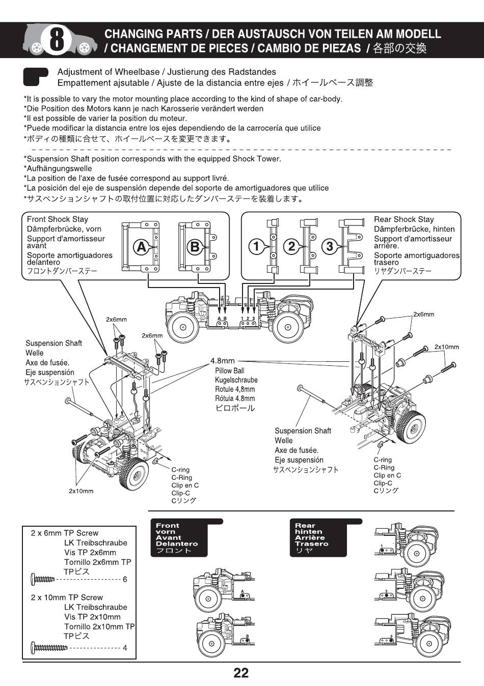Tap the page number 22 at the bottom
[241, 673]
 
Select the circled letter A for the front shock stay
[141, 247]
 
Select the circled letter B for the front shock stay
[195, 247]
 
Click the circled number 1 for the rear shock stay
[257, 247]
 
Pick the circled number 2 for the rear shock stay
[291, 247]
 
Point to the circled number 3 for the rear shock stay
[330, 247]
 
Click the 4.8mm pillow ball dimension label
[223, 361]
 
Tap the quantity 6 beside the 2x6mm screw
[125, 579]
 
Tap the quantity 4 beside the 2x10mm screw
[125, 648]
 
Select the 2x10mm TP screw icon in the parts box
[49, 648]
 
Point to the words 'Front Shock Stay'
[58, 219]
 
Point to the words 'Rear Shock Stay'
[404, 219]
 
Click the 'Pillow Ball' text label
[229, 370]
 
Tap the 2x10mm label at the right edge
[446, 347]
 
